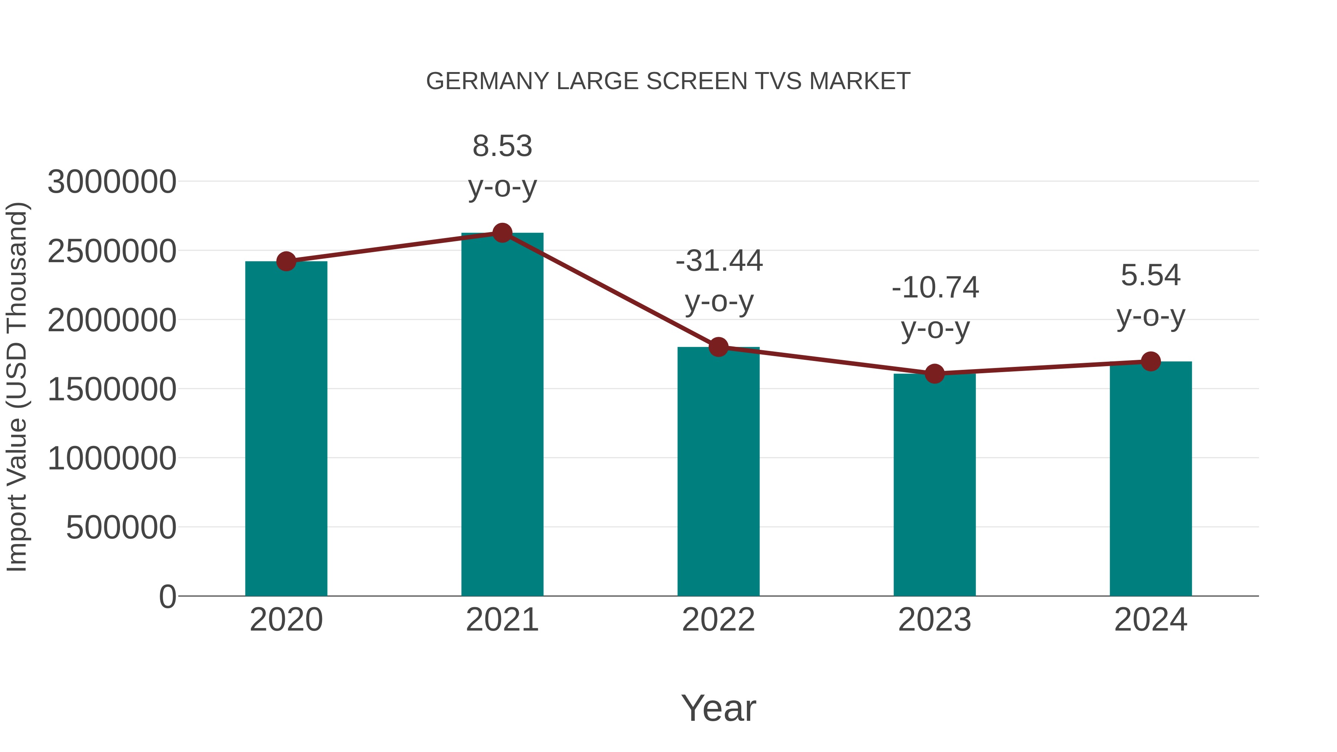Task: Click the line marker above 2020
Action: point(286,261)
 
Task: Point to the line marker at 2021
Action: point(502,233)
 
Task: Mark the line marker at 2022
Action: point(718,347)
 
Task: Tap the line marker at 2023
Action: point(934,374)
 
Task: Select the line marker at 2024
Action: point(1151,361)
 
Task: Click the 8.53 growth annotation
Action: point(502,146)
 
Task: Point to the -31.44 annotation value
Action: point(719,261)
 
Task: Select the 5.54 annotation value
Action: point(1151,275)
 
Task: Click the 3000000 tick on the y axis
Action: point(111,182)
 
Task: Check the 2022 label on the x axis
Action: point(718,620)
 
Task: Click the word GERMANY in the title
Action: point(487,81)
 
